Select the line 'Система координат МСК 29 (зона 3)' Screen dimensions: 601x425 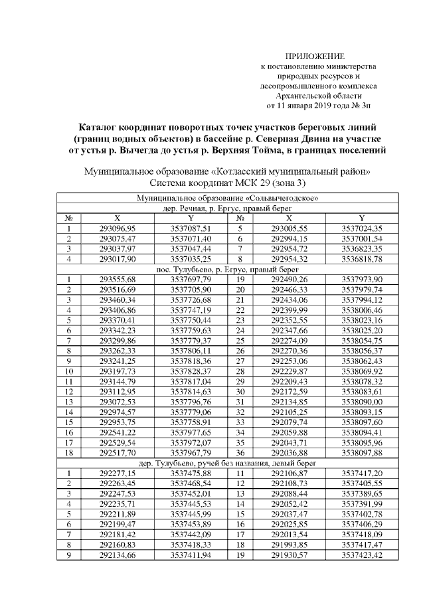click(x=226, y=183)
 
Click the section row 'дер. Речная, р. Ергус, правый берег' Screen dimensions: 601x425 click(x=226, y=208)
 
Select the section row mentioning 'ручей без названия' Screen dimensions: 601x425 click(x=226, y=463)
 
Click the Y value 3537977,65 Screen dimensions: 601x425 click(x=191, y=432)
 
